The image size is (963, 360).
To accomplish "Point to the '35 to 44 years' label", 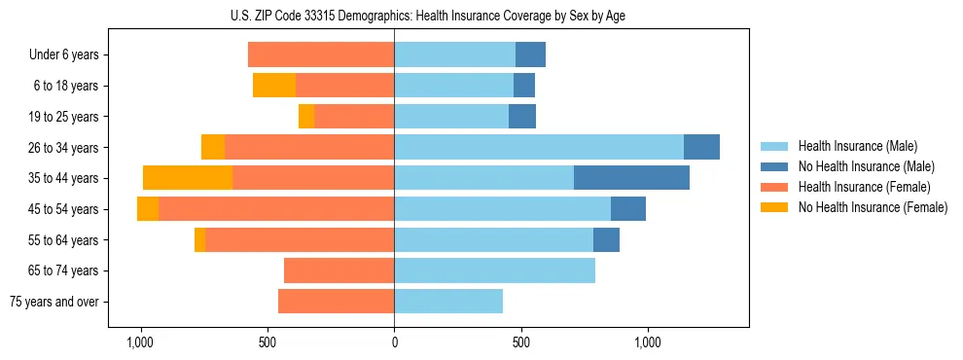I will click(x=63, y=178).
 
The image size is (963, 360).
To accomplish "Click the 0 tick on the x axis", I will click(x=394, y=342).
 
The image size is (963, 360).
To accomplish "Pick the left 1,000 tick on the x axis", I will click(x=140, y=342).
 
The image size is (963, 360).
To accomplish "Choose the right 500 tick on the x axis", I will click(x=520, y=342).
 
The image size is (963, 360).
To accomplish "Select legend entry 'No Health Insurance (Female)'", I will click(x=873, y=207).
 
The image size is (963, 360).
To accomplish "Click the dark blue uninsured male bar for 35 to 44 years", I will click(x=631, y=178).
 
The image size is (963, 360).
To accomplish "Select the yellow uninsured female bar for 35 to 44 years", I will click(x=188, y=178).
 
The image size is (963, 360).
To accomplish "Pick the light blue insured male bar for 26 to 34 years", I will click(x=539, y=147).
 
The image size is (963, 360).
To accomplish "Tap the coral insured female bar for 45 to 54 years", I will click(x=276, y=209).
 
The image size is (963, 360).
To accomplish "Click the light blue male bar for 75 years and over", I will click(x=448, y=302).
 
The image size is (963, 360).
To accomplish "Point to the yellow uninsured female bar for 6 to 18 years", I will click(x=274, y=86).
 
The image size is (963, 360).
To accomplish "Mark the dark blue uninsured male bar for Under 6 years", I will click(x=530, y=54).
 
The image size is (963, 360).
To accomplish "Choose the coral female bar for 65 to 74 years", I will click(x=339, y=270).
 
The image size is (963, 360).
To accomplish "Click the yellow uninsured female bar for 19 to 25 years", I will click(x=306, y=117).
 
